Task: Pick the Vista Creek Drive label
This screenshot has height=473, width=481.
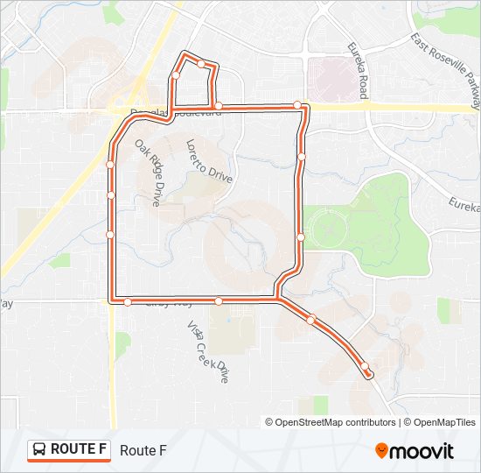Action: tap(207, 351)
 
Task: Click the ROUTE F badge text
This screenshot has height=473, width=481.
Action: tap(79, 449)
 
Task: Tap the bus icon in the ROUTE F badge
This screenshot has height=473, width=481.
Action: tap(40, 450)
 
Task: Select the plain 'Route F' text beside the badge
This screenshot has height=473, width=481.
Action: tap(143, 450)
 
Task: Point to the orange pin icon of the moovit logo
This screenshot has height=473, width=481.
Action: tap(382, 450)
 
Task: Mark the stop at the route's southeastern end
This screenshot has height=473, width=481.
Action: tap(365, 368)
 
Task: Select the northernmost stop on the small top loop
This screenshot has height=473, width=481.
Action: tap(201, 64)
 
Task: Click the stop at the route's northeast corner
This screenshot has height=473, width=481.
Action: tap(297, 105)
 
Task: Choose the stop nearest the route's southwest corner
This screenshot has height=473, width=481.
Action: tap(128, 301)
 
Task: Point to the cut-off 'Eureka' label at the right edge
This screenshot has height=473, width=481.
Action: tap(465, 205)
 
